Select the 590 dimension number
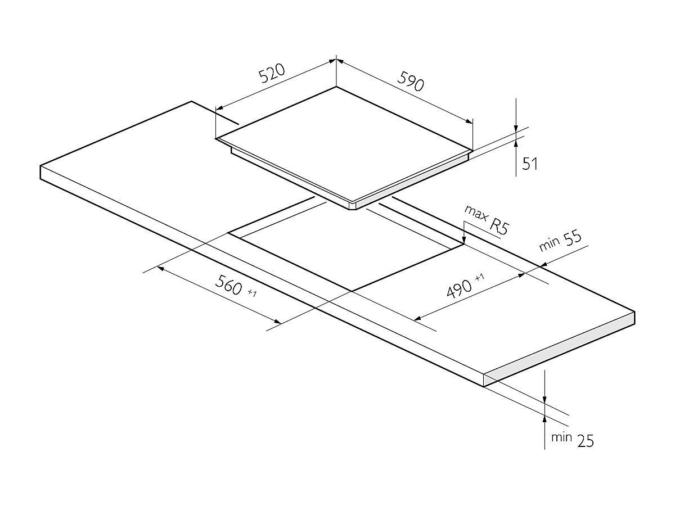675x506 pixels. [x=410, y=82]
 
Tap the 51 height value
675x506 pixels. [x=530, y=164]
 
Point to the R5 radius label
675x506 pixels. [x=497, y=225]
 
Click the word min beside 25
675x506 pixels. [x=561, y=437]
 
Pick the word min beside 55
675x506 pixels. [x=549, y=246]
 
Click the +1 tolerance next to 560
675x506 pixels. [x=251, y=293]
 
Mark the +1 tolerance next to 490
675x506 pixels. [x=479, y=278]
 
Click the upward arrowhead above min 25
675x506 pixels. [x=544, y=420]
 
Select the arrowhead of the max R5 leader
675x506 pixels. [x=463, y=241]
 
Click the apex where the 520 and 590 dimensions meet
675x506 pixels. [x=336, y=59]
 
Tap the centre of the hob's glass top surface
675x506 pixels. [x=344, y=143]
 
